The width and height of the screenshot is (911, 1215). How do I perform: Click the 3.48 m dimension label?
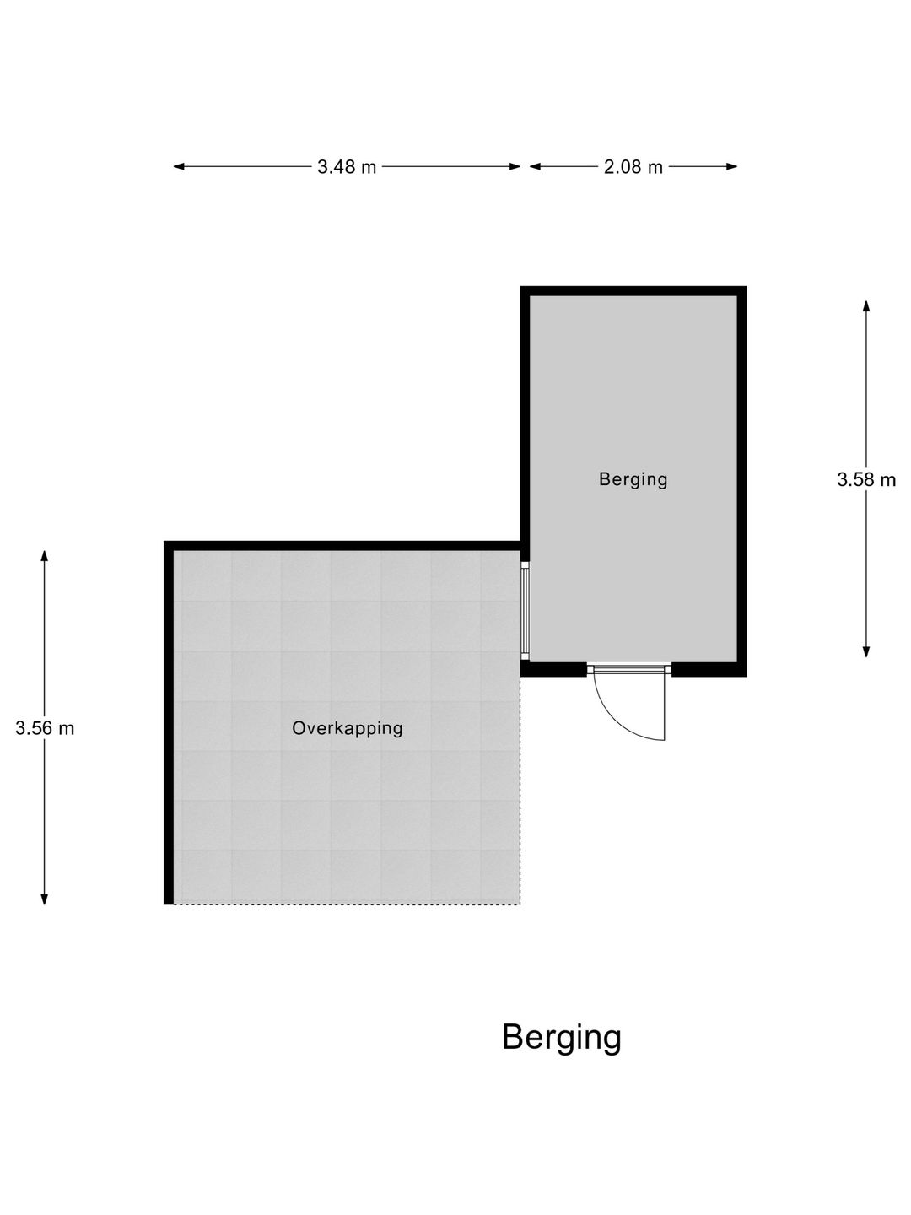coord(346,166)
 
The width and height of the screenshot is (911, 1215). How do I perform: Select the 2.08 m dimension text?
coord(633,166)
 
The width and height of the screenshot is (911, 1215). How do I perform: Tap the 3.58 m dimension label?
coord(865,479)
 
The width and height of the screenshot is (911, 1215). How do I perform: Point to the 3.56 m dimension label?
coord(45,728)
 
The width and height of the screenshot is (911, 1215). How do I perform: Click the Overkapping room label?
coord(348,727)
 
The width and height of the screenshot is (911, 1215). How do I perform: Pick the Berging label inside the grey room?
coord(633,478)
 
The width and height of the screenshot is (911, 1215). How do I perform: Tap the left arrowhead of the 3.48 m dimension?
coord(179,166)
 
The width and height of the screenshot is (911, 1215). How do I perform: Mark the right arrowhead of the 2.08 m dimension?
coord(732,166)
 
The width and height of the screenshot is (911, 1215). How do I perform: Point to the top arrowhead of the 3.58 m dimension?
coord(866,306)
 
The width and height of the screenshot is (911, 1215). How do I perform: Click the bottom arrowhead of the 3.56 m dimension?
coord(44,899)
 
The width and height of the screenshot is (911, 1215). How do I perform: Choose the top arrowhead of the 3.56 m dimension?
coord(44,556)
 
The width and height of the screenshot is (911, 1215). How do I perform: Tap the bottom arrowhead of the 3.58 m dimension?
coord(866,651)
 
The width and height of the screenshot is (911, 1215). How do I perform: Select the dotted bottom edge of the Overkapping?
coord(348,904)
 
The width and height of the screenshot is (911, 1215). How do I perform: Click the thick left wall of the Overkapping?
coord(169,722)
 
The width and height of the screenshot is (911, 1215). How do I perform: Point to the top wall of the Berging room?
coord(633,291)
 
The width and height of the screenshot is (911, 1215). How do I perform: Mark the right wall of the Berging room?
coord(741,481)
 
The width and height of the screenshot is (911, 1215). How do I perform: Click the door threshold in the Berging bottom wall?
coord(629,669)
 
